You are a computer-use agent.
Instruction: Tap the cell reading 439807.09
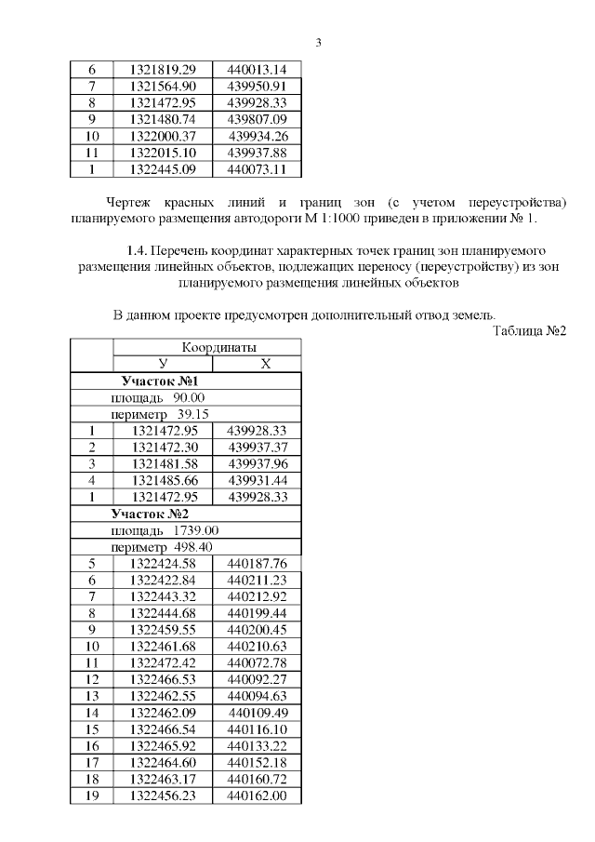(257, 119)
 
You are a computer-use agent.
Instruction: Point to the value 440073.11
(257, 169)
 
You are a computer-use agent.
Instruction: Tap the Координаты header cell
(207, 347)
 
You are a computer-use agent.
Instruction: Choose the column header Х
(265, 364)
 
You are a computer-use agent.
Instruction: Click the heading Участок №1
(160, 381)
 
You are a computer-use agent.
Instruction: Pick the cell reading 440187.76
(257, 563)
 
